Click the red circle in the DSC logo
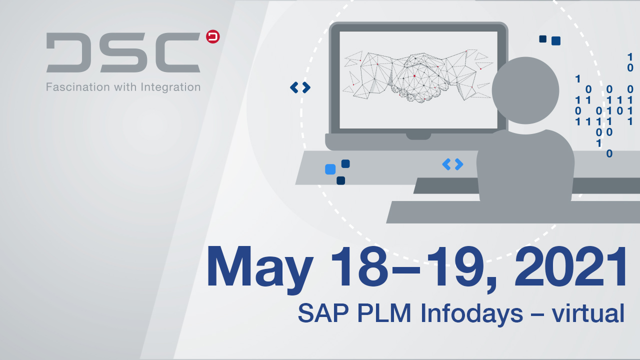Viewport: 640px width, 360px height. click(213, 36)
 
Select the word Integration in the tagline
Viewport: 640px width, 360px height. click(170, 87)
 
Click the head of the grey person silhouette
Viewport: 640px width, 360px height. click(525, 90)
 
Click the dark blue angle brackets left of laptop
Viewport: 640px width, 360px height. click(300, 87)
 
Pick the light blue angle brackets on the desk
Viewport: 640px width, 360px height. click(452, 164)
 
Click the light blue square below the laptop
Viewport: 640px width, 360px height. click(330, 169)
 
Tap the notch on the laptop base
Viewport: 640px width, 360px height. click(418, 136)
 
